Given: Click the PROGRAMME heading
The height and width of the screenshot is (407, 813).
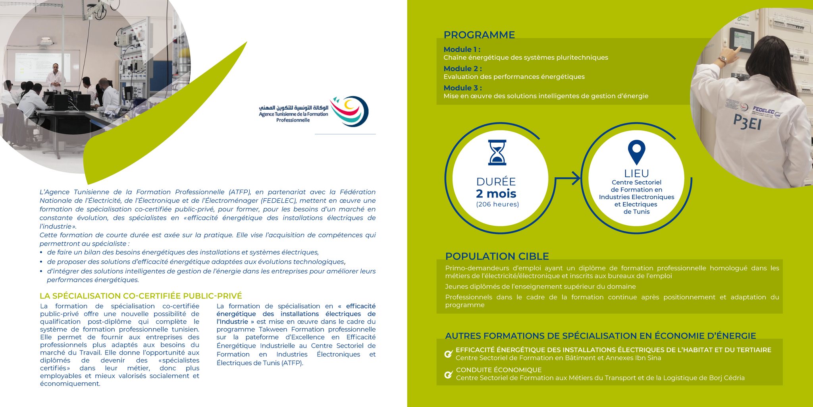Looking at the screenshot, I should coord(479,35).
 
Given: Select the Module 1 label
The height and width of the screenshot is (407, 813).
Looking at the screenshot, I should coord(462,50).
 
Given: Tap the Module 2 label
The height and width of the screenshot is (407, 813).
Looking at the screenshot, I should coord(462,69).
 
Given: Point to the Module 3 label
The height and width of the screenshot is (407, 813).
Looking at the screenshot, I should coord(462,88).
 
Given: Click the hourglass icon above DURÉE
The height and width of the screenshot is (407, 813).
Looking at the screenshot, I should coord(497,152).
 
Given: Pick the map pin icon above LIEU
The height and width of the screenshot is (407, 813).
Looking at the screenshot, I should coord(636,152).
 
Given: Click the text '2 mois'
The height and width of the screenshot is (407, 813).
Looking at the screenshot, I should coord(496,194).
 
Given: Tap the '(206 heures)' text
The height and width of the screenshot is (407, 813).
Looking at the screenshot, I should coord(497,204).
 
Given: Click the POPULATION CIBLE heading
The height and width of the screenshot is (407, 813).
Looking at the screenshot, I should coord(497,256).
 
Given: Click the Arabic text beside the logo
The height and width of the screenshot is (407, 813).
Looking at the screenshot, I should coord(294,108).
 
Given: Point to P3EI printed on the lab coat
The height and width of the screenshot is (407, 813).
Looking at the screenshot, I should coord(747,122).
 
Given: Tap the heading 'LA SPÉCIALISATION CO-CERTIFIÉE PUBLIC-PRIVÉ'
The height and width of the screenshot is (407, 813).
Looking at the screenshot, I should coord(141,296).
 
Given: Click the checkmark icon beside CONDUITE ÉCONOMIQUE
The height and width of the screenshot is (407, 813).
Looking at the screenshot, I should coord(448,374).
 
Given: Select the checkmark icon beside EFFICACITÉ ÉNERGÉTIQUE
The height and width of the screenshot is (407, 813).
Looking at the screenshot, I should coord(448,354).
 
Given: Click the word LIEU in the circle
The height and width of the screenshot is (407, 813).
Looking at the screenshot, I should coord(636,174).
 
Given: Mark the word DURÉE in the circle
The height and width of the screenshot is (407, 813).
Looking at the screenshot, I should coord(496,182).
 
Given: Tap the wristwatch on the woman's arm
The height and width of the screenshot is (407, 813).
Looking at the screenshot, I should coord(722,60).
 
